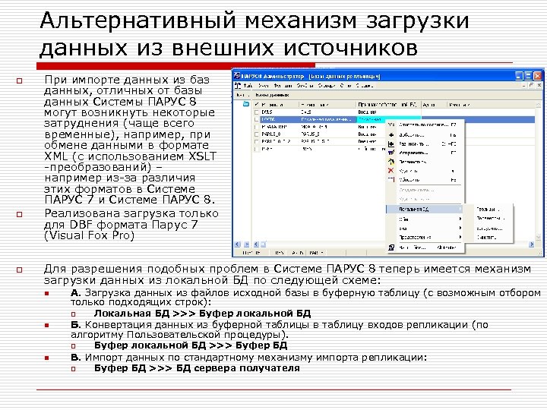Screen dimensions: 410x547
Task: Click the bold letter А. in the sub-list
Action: pos(75,292)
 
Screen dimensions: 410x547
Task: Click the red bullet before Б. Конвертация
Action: pos(47,326)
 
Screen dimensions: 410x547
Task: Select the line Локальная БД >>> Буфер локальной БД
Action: pos(202,313)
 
